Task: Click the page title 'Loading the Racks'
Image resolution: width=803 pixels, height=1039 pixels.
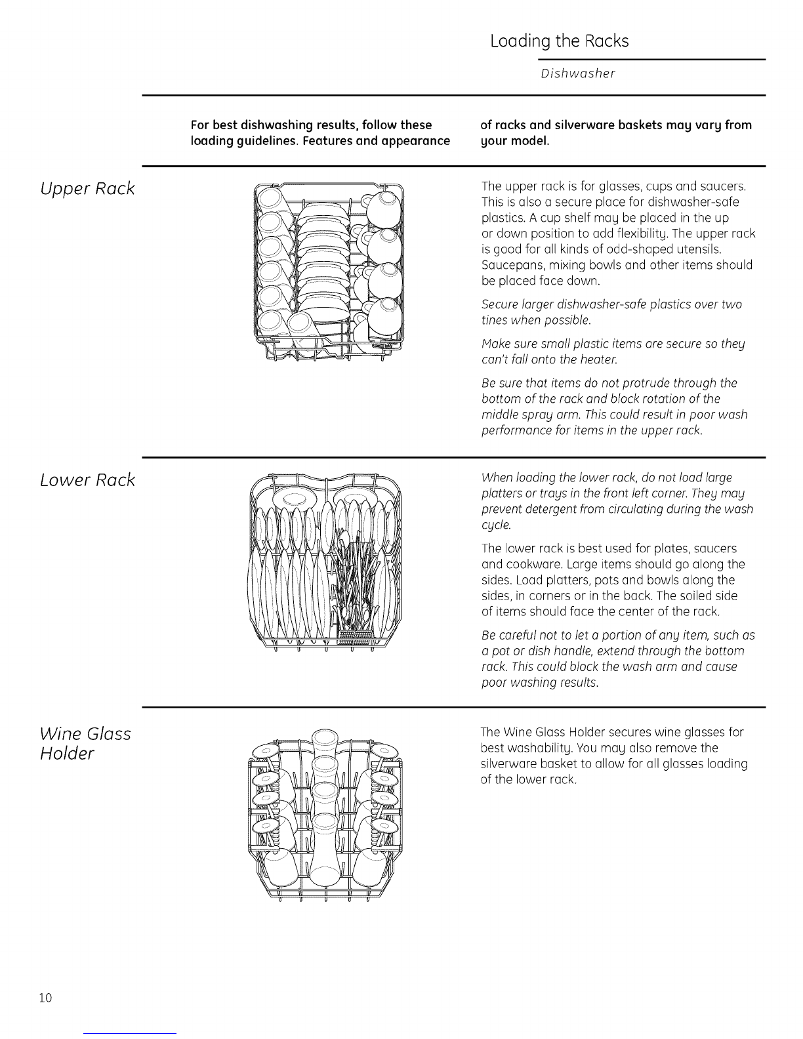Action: click(559, 41)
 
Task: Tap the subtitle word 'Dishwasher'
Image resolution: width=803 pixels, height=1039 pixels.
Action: click(578, 73)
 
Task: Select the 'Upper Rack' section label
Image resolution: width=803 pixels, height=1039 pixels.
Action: click(87, 189)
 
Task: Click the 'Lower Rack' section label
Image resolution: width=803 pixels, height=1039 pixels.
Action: click(87, 480)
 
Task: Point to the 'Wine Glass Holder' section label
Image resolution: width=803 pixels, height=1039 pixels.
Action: click(85, 743)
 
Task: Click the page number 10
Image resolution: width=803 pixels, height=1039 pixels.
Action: click(45, 998)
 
